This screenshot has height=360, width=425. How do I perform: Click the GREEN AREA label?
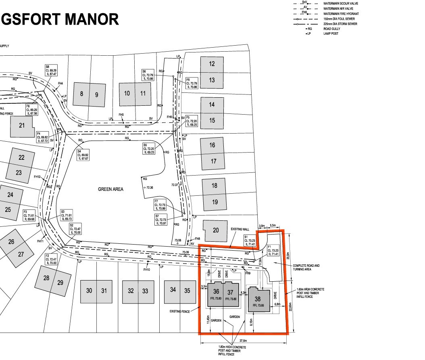pos(110,189)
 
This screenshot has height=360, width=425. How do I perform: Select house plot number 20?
pos(216,230)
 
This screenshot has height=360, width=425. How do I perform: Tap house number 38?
pos(257,299)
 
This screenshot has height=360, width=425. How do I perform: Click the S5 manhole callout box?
pos(149,149)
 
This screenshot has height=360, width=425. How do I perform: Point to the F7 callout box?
pos(160,205)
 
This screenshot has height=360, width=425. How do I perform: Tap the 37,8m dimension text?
pos(244,340)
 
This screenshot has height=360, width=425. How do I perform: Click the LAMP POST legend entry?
pos(331,33)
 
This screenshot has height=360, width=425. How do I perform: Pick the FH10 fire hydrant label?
pos(147,269)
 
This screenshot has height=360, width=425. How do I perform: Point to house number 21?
pos(22,125)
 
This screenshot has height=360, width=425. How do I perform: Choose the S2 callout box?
pos(75,229)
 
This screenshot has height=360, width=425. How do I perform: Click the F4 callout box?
pos(42,137)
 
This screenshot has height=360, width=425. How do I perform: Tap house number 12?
pos(212,63)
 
